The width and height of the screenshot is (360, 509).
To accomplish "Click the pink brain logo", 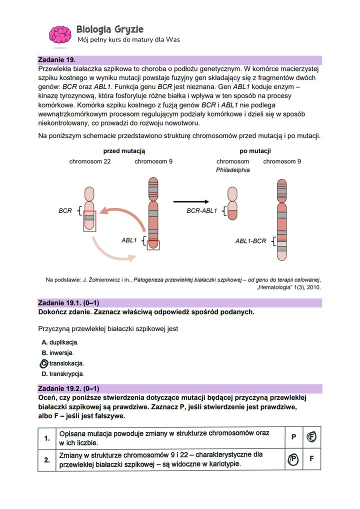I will click(60, 34).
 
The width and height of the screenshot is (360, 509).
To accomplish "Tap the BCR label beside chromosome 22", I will click(65, 211).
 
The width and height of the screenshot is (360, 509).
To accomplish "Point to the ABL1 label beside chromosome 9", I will click(129, 240).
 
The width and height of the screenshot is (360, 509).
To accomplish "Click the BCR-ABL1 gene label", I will click(202, 211).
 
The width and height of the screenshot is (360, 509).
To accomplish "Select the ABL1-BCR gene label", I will click(252, 241).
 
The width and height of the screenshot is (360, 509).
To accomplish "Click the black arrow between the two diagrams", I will click(191, 201).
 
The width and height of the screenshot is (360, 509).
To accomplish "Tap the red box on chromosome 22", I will click(89, 221).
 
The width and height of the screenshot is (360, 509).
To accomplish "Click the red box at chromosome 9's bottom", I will click(153, 244).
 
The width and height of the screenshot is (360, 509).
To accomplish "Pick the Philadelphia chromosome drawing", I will click(232, 203).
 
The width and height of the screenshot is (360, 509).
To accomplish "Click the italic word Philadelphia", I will click(232, 170).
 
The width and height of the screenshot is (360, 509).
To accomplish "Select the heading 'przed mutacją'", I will click(124, 150).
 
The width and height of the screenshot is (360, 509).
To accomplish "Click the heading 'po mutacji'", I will click(255, 150).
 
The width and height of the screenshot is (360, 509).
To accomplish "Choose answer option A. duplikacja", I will click(60, 342).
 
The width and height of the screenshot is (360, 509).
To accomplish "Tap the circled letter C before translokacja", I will click(43, 363).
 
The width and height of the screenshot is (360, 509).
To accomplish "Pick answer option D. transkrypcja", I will click(63, 374).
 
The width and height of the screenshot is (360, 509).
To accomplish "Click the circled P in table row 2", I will click(293, 459).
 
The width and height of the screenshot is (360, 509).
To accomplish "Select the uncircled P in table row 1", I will click(293, 437).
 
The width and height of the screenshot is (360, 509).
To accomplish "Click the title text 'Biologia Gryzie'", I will click(110, 29).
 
